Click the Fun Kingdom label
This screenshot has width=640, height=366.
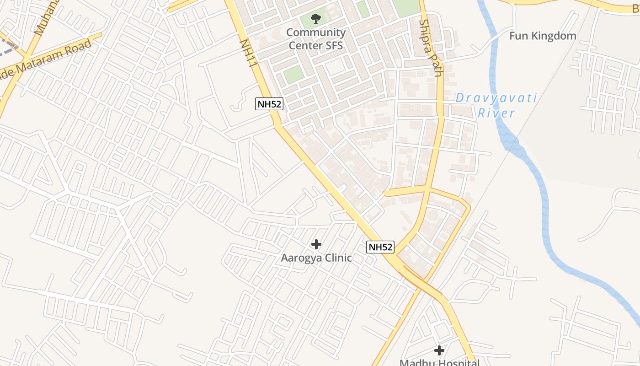543,36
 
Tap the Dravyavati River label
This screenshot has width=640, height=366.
496,106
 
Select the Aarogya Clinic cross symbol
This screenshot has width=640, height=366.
316,244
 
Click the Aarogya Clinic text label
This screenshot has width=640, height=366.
316,258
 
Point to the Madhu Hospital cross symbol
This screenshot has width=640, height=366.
439,350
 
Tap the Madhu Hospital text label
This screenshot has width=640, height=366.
439,362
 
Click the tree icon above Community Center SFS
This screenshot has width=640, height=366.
315,19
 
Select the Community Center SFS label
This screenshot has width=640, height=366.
316,39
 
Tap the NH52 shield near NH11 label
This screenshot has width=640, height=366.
269,104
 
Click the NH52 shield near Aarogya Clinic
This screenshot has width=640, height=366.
380,248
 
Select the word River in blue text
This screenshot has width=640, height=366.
496,113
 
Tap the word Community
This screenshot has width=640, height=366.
316,33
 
